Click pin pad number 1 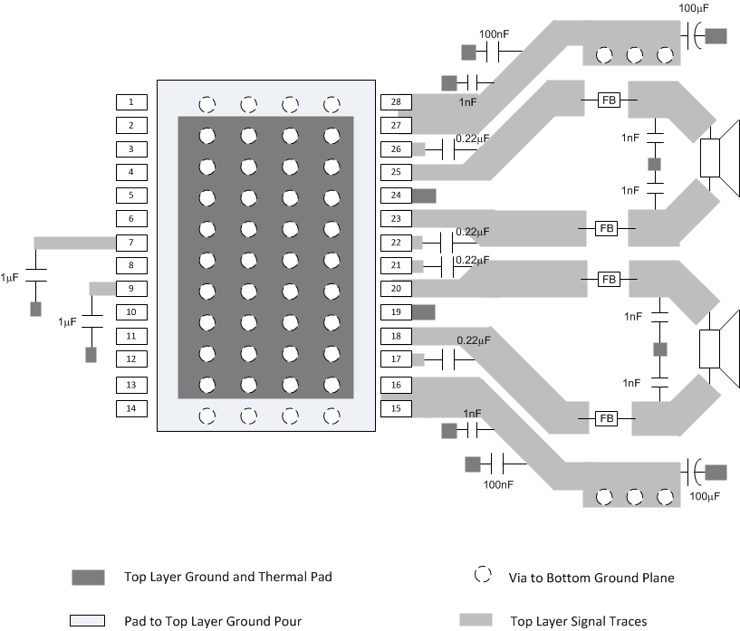click(x=130, y=101)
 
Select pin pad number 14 click(x=130, y=408)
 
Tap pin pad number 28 click(x=395, y=101)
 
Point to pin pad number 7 click(x=130, y=243)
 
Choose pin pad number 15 click(x=395, y=408)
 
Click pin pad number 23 click(x=395, y=219)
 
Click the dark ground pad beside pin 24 click(x=424, y=196)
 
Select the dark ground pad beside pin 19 click(x=424, y=312)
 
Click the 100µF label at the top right click(x=693, y=8)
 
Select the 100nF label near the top click(x=495, y=33)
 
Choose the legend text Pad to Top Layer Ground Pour click(x=213, y=621)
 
